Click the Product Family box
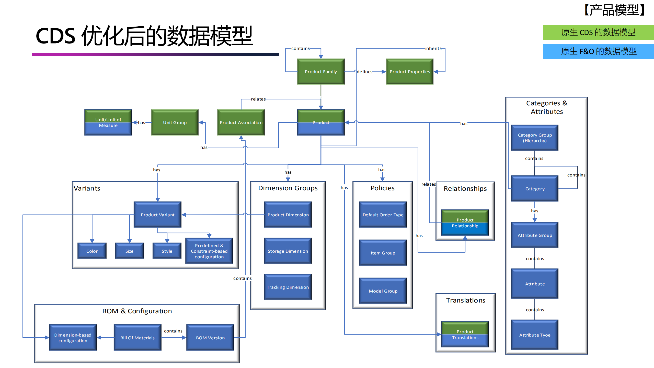320,72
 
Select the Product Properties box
409,72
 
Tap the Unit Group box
175,122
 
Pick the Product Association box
241,122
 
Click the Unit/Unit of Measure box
108,122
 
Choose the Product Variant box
157,215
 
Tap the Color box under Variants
92,251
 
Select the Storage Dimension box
288,251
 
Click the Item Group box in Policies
383,253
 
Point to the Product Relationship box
465,223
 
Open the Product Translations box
465,334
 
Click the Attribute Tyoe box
534,335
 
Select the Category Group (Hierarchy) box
534,138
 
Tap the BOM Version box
210,338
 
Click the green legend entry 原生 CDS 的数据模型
598,32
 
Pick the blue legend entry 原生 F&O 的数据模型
598,51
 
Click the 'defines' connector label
364,72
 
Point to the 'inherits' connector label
433,48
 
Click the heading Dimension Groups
288,188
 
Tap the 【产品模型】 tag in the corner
614,10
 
